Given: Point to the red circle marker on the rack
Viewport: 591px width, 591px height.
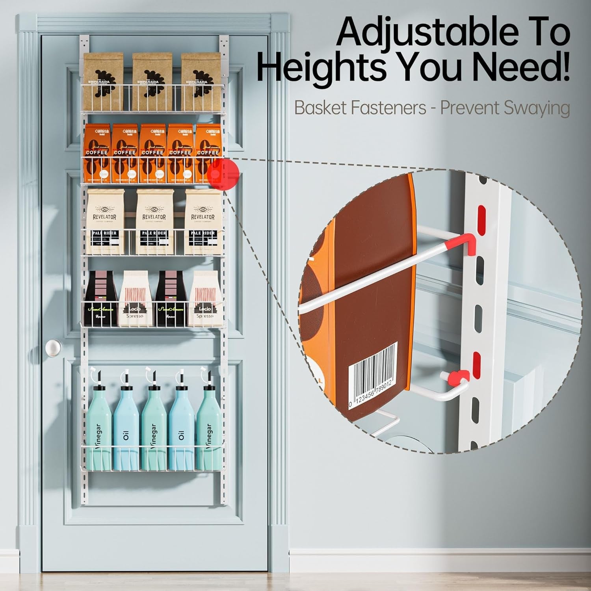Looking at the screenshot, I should pos(223,173).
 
